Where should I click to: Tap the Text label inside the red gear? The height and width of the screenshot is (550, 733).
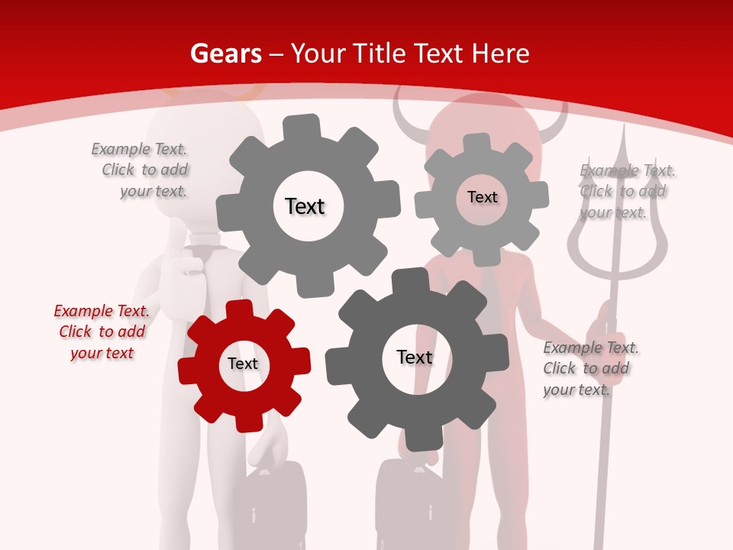tap(243, 364)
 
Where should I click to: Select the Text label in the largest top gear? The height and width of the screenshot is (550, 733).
tap(305, 206)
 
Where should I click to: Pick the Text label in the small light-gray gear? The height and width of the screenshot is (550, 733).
tap(483, 197)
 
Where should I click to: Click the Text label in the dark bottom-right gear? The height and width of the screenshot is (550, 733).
tap(415, 357)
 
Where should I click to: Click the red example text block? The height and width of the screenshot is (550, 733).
tap(102, 332)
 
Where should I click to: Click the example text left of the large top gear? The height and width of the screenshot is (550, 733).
tap(140, 170)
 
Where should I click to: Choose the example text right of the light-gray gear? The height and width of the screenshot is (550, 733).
tap(627, 191)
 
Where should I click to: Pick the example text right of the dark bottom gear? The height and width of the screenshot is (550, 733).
tap(590, 369)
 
